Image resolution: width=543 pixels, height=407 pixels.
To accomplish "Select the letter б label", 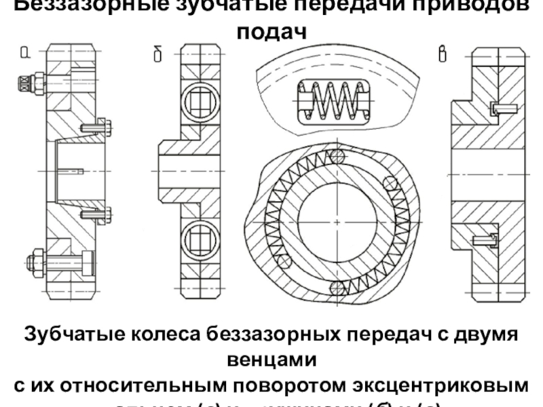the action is [157, 54].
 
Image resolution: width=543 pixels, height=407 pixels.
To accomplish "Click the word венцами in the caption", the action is [271, 360].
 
